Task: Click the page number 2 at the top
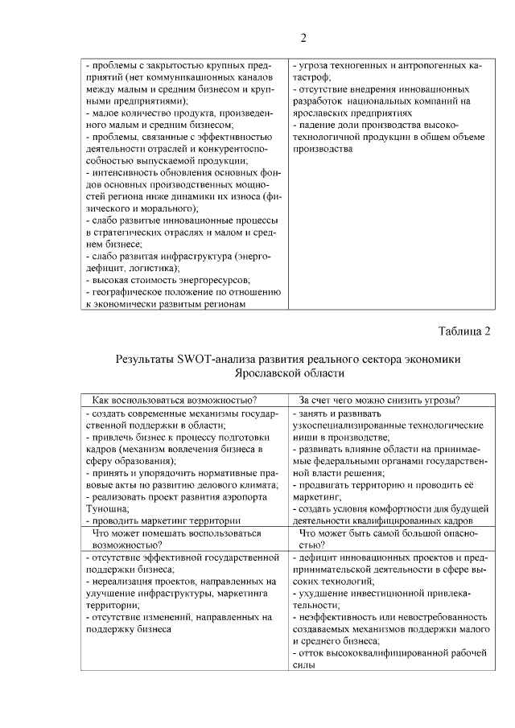(303, 38)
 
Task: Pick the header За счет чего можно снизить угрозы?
(385, 400)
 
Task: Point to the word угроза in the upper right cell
(314, 65)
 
